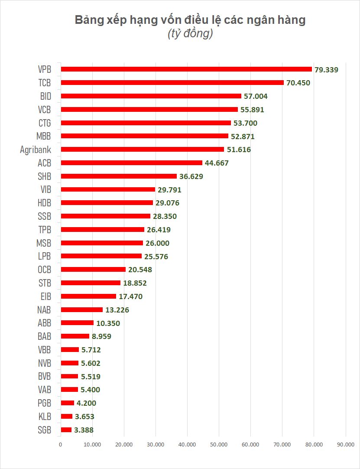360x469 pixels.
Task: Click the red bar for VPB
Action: pyautogui.click(x=186, y=69)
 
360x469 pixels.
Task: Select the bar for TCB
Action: pyautogui.click(x=172, y=82)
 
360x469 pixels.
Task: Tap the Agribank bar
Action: pyautogui.click(x=143, y=150)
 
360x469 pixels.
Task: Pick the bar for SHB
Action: pyautogui.click(x=119, y=176)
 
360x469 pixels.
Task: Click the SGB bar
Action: pyautogui.click(x=66, y=430)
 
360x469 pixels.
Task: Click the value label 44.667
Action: pyautogui.click(x=217, y=163)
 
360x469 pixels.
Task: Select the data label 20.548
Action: pyautogui.click(x=140, y=270)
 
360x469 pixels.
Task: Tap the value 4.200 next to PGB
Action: pyautogui.click(x=86, y=403)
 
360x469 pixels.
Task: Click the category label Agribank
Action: pyautogui.click(x=36, y=150)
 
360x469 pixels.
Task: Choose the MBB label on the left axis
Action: pyautogui.click(x=44, y=136)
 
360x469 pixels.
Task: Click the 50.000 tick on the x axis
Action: pyautogui.click(x=219, y=444)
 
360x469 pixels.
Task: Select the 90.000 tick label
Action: pyautogui.click(x=345, y=444)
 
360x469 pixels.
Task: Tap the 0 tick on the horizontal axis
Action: pyautogui.click(x=61, y=444)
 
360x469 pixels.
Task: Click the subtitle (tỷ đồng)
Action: pyautogui.click(x=190, y=35)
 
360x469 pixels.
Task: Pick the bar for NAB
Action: pyautogui.click(x=82, y=310)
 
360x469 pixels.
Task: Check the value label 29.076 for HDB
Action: pyautogui.click(x=168, y=203)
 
